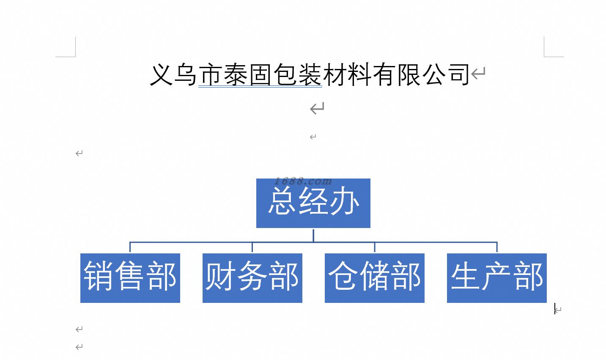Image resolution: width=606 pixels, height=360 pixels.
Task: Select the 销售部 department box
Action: point(130,278)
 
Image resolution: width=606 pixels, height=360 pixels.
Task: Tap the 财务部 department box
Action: point(252,278)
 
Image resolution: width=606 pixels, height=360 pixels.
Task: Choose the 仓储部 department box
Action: point(374,278)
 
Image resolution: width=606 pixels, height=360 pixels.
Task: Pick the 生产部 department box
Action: point(496,278)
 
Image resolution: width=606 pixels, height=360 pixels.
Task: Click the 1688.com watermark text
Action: point(303,181)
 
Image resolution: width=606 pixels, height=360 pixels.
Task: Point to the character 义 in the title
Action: point(162,75)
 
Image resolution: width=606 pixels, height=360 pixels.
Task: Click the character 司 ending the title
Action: point(459,75)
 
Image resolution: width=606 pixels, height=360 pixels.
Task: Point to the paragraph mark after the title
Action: point(478,74)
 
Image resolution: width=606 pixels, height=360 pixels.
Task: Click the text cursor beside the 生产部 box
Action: point(555,310)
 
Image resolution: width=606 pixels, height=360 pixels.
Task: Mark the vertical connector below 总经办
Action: point(313,235)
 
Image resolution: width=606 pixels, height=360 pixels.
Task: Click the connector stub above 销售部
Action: point(130,247)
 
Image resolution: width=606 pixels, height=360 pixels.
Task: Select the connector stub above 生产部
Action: point(497,247)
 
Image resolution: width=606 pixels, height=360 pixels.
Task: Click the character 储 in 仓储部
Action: point(374,276)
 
